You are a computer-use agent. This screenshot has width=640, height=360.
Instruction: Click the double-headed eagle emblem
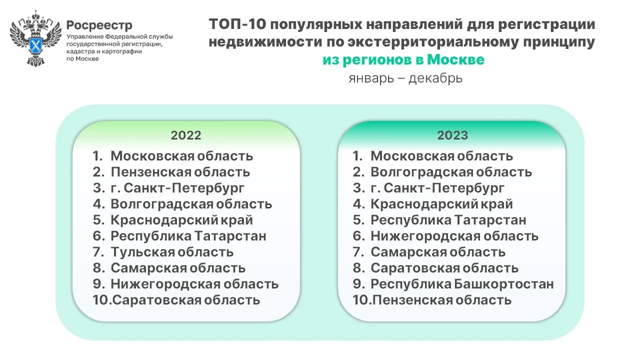(35, 38)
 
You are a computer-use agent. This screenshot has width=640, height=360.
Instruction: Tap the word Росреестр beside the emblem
(99, 25)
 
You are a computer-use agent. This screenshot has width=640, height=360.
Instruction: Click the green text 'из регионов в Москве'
(403, 60)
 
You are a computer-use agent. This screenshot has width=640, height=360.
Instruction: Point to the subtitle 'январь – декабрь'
(405, 78)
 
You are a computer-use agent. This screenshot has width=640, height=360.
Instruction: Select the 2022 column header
(186, 135)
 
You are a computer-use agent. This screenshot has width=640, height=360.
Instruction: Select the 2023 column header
(452, 135)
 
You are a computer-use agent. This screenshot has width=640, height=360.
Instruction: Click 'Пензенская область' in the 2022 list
(180, 172)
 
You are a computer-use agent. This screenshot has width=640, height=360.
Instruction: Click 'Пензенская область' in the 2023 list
(442, 300)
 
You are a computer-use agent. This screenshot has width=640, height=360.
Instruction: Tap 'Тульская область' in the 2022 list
(172, 252)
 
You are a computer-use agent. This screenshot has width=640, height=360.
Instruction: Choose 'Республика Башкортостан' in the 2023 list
(462, 284)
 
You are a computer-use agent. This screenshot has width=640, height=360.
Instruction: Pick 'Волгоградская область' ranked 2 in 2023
(451, 172)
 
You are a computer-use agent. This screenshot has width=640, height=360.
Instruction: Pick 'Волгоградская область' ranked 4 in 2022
(191, 204)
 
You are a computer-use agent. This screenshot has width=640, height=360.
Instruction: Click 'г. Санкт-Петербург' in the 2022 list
(177, 188)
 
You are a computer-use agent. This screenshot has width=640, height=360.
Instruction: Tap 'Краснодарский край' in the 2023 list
(441, 204)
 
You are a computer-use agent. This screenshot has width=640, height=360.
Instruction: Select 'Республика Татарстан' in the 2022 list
(188, 236)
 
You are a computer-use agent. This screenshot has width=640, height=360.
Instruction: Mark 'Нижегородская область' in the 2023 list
(454, 236)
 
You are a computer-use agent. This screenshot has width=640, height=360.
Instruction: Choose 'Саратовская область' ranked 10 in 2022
(186, 300)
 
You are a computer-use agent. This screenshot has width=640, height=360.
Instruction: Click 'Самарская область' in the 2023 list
(438, 252)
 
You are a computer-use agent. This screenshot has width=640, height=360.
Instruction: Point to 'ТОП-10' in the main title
(237, 24)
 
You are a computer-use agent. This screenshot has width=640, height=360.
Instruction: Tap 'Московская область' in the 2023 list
(441, 156)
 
